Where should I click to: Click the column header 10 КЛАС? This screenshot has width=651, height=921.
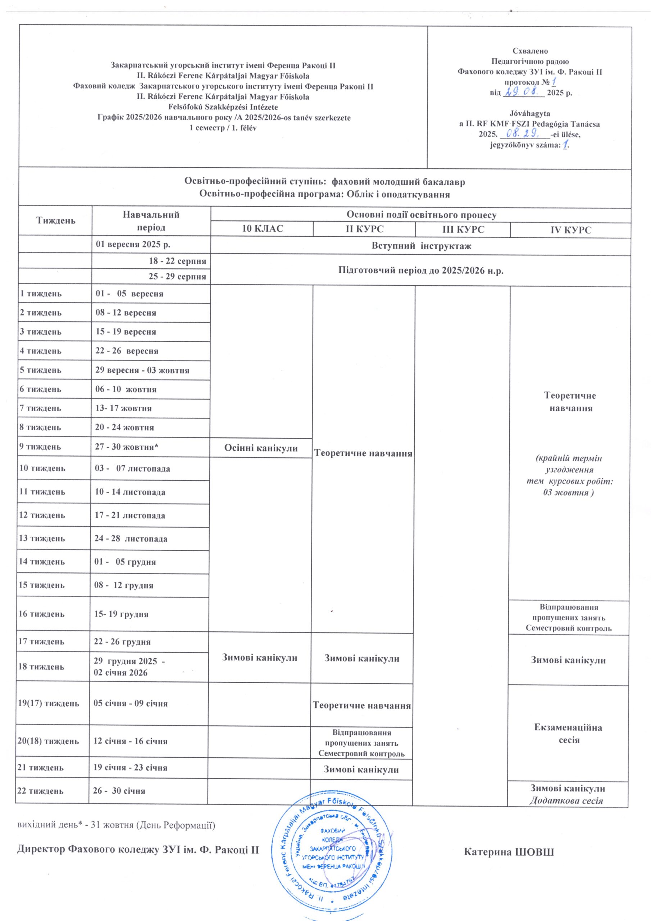(262, 229)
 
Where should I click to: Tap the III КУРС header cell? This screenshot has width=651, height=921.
(463, 230)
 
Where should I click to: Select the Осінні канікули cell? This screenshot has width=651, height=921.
(261, 448)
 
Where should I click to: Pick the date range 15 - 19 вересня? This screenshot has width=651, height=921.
(126, 332)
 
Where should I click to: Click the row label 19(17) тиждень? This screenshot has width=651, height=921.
(48, 704)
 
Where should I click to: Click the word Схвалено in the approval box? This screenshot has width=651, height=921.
(530, 51)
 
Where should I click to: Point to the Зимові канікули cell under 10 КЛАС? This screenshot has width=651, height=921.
(260, 658)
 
